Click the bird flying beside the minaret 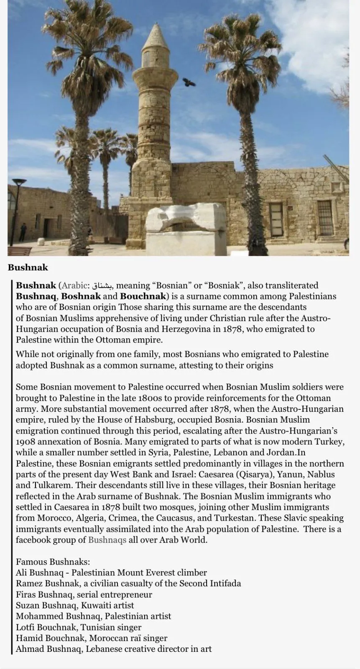tap(189, 82)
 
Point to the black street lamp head tap(19, 183)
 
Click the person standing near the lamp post tap(23, 232)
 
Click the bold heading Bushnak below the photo tap(28, 268)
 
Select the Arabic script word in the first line tap(102, 286)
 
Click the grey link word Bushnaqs tap(107, 539)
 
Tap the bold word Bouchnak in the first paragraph tap(143, 296)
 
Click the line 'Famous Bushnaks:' tap(53, 562)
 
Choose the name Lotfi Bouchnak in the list tap(46, 627)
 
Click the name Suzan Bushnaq tap(46, 605)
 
